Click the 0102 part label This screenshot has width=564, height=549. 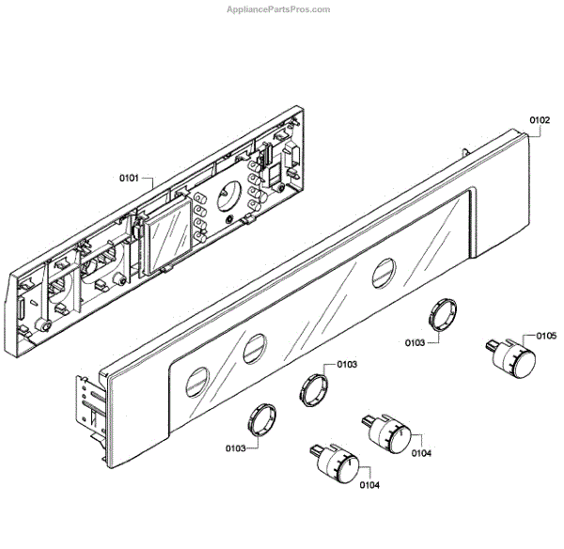pyautogui.click(x=539, y=120)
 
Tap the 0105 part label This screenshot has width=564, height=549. pyautogui.click(x=546, y=336)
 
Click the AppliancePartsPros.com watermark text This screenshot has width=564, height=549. pyautogui.click(x=279, y=9)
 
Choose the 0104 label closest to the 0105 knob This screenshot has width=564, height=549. pyautogui.click(x=421, y=454)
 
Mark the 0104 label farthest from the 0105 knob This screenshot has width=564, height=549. pyautogui.click(x=369, y=485)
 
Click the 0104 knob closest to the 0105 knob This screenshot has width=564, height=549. pyautogui.click(x=388, y=432)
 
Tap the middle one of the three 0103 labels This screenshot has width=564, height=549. pyautogui.click(x=346, y=364)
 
